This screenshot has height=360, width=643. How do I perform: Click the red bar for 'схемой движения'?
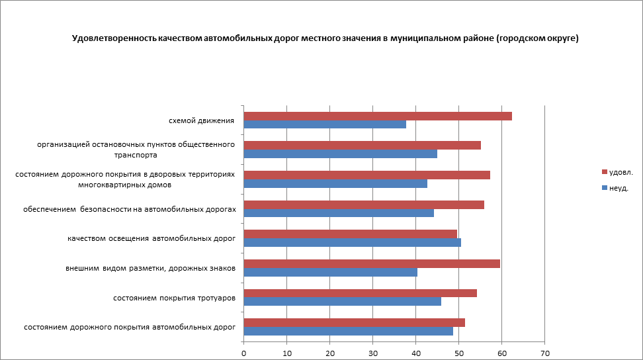[378, 116]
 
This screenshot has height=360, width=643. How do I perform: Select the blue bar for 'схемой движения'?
[325, 124]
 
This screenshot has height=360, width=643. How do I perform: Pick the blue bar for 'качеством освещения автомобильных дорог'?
[353, 242]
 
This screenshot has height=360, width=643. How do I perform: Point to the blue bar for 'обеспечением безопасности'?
[339, 213]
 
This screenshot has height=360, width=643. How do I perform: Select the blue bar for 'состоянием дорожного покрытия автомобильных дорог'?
[349, 331]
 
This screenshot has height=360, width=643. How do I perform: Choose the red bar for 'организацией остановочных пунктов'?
[363, 145]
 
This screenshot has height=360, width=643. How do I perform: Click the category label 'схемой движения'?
[202, 120]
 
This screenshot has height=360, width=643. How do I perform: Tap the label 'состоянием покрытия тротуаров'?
[174, 298]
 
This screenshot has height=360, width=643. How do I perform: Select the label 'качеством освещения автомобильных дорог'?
[151, 238]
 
